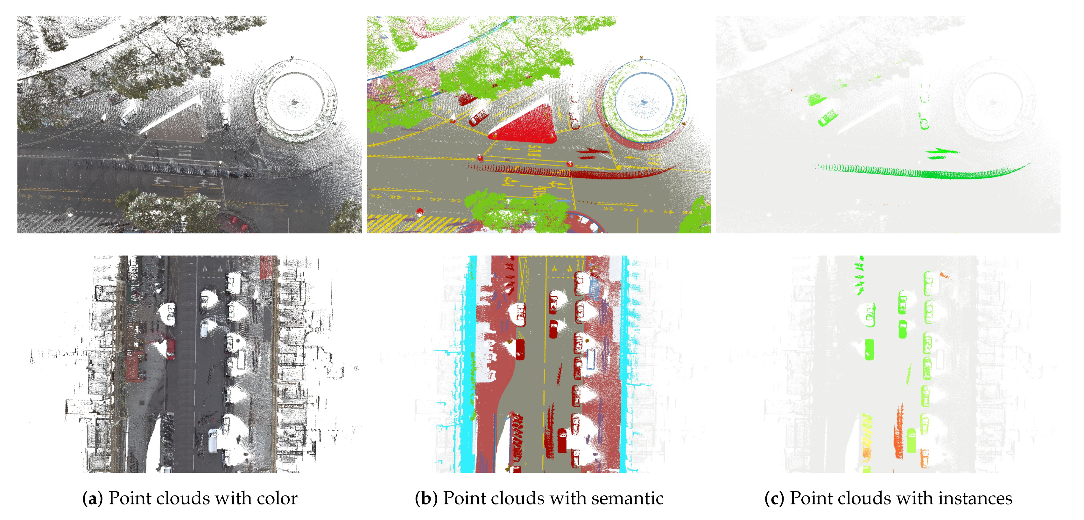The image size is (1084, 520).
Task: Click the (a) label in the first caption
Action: pos(93,499)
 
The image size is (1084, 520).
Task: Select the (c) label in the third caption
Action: pos(774,499)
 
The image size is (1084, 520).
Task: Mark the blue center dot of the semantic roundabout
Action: pos(644,102)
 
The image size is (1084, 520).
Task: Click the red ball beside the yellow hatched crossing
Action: pos(419,211)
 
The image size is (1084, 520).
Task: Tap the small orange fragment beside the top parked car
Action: pos(944,276)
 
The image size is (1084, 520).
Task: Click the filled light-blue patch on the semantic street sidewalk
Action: pos(594,286)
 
